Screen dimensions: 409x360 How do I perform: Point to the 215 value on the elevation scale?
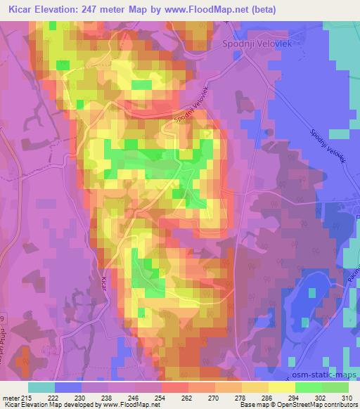(25, 398)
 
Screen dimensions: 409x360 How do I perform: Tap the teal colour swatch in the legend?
(41, 387)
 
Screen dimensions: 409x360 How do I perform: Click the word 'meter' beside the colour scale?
(10, 398)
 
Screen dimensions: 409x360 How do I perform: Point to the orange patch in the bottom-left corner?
(21, 362)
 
